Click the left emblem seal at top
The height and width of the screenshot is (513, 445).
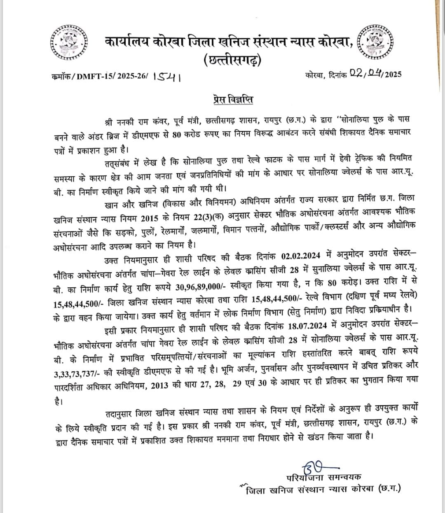click(x=67, y=44)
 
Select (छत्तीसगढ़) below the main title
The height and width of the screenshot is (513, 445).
click(x=232, y=61)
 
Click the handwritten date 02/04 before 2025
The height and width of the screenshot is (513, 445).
click(x=366, y=74)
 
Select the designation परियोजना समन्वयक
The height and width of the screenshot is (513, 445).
click(x=323, y=477)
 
